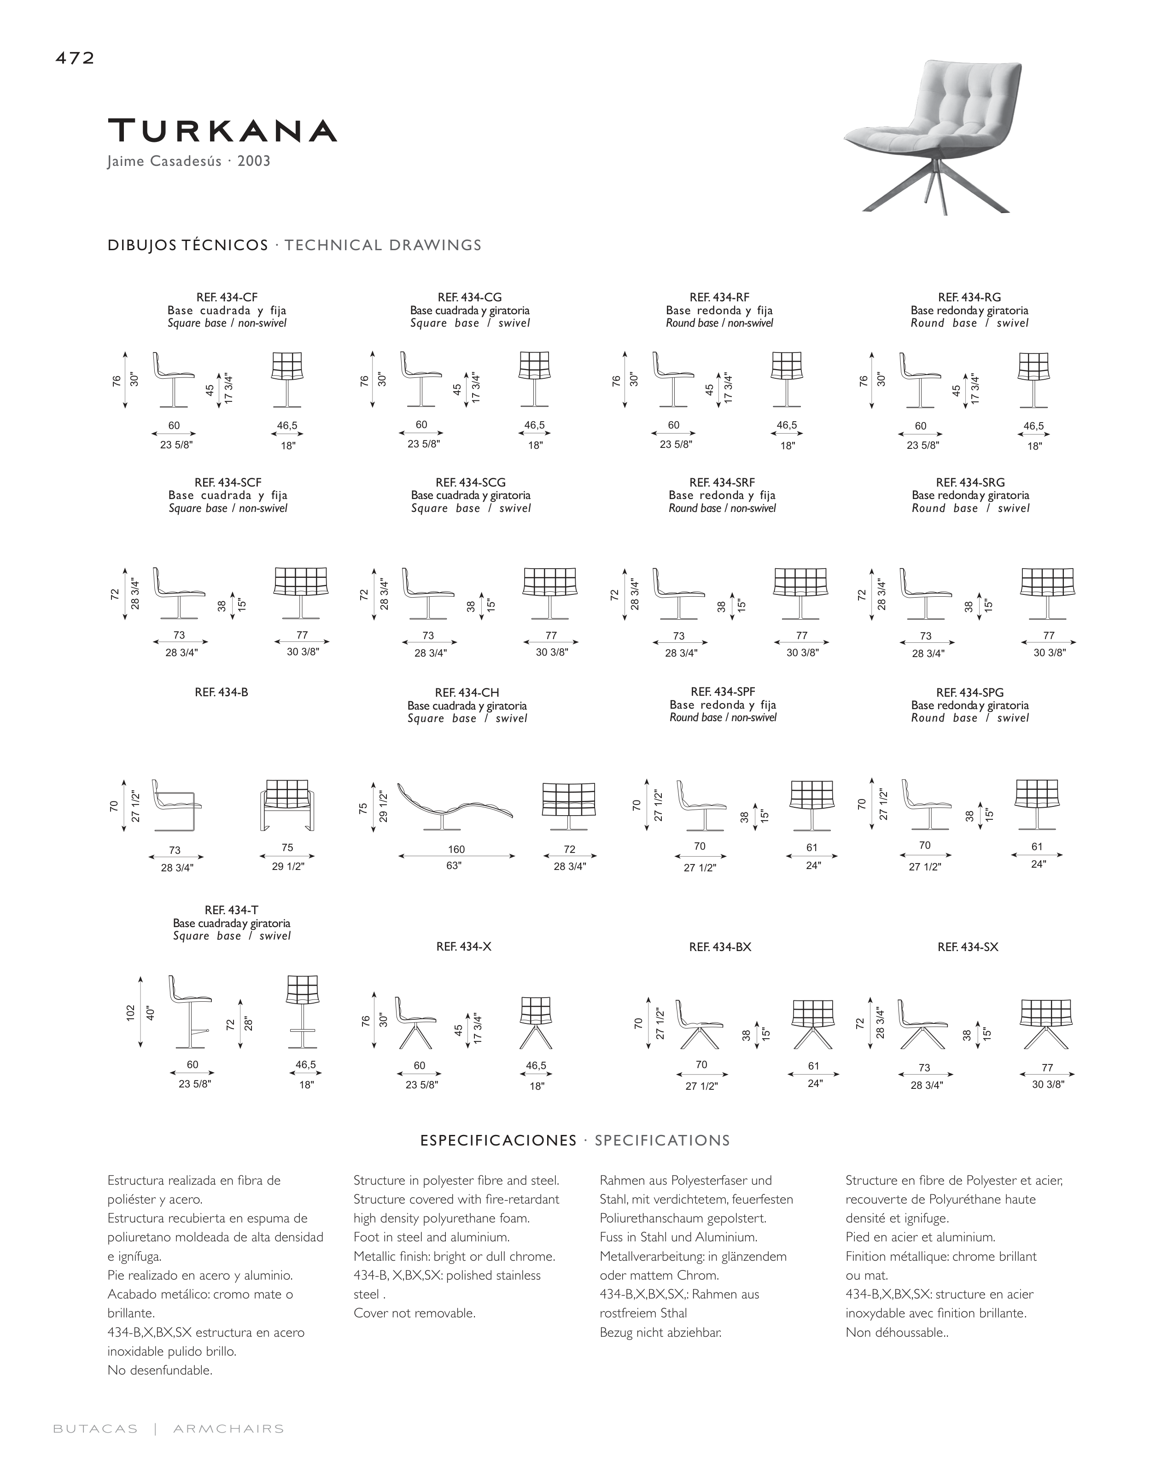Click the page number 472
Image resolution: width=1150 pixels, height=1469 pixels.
click(74, 59)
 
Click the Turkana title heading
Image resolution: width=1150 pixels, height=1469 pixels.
click(222, 131)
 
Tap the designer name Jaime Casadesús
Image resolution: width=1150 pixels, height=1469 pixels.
click(164, 162)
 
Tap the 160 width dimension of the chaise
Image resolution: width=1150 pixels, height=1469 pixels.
click(456, 849)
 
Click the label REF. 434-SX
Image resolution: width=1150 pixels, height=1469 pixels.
click(968, 947)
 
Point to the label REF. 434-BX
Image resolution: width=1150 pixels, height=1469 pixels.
click(720, 947)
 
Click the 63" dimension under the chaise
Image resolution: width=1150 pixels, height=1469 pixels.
click(455, 865)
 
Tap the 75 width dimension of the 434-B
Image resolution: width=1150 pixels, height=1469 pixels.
click(287, 848)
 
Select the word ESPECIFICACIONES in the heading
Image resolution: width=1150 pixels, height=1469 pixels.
click(498, 1140)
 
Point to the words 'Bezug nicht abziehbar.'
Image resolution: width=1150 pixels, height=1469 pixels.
click(660, 1332)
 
